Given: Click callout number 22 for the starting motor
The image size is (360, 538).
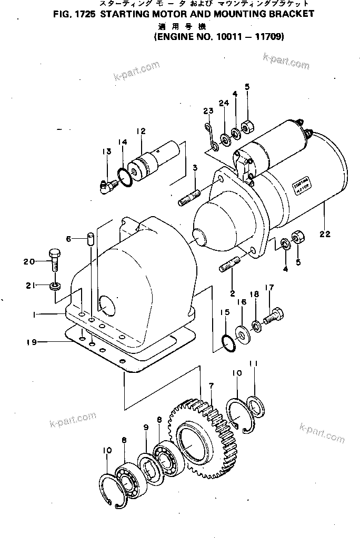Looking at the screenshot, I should click(x=325, y=235).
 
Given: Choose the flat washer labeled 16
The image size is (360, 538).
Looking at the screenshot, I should click(x=243, y=333).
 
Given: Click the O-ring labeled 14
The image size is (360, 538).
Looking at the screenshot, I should click(x=124, y=177).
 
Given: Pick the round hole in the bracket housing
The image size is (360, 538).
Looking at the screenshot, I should click(x=109, y=306).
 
